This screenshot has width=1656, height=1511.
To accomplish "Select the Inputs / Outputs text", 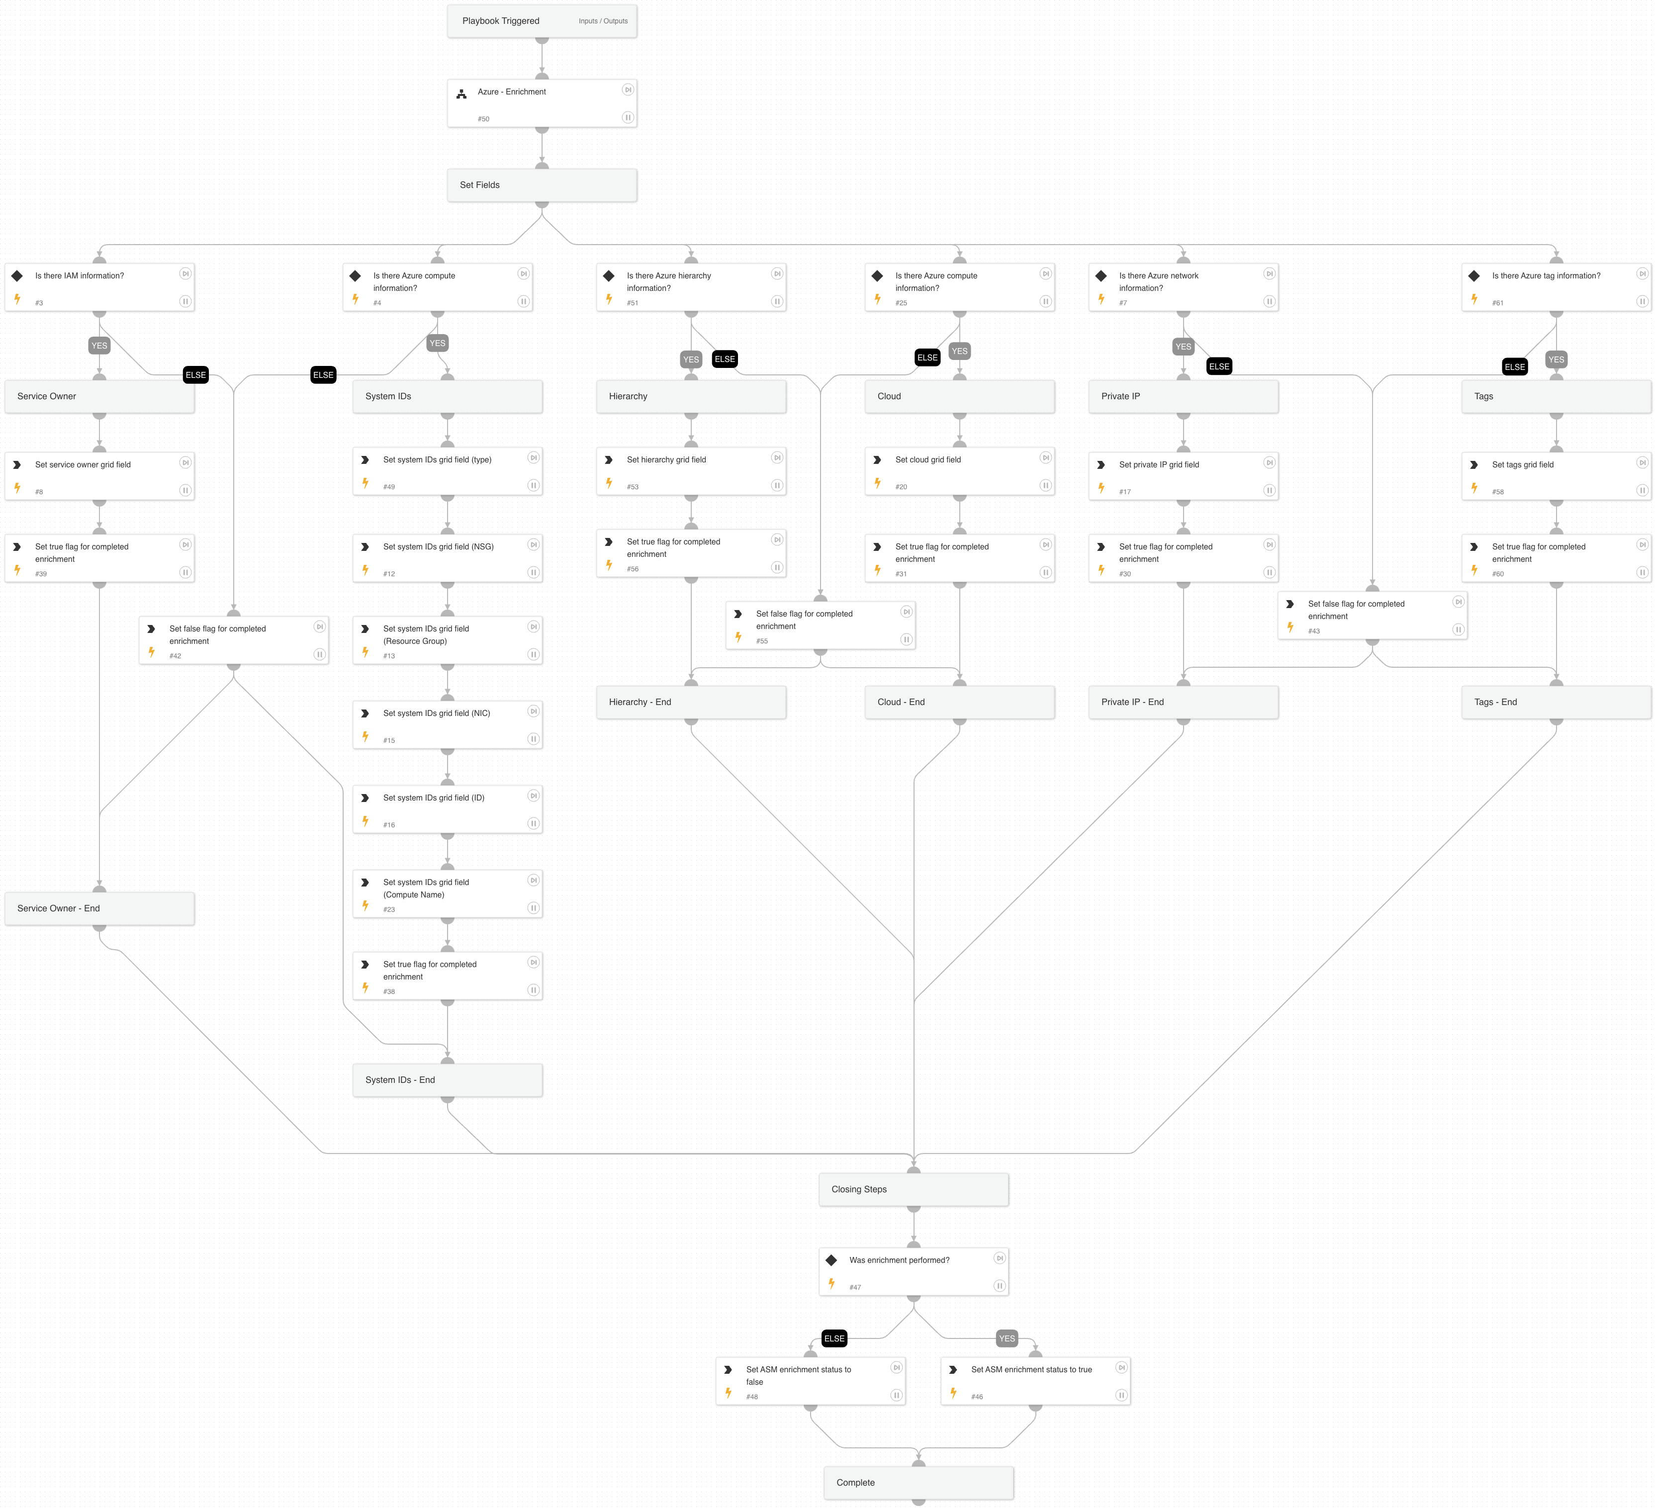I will pos(602,21).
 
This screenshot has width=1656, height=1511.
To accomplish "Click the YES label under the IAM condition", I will pos(99,346).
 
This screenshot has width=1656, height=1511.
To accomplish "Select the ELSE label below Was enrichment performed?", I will pos(834,1338).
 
